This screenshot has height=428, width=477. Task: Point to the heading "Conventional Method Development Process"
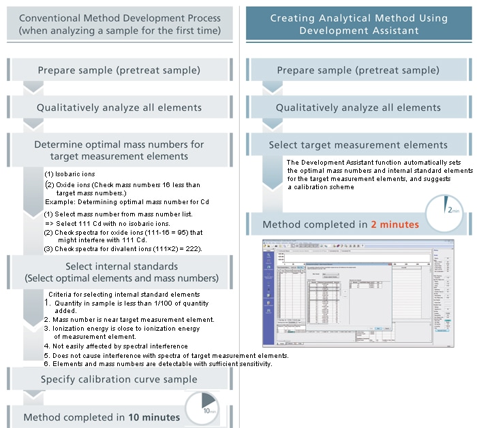(120, 18)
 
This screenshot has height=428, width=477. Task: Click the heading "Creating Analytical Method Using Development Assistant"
(358, 24)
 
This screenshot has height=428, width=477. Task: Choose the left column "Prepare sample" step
(119, 70)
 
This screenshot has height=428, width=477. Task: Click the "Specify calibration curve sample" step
(119, 379)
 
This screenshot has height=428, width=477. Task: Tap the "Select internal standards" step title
(119, 265)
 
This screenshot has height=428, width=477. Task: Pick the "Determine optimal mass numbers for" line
(119, 144)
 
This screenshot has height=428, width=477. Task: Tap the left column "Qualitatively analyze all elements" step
(119, 108)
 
